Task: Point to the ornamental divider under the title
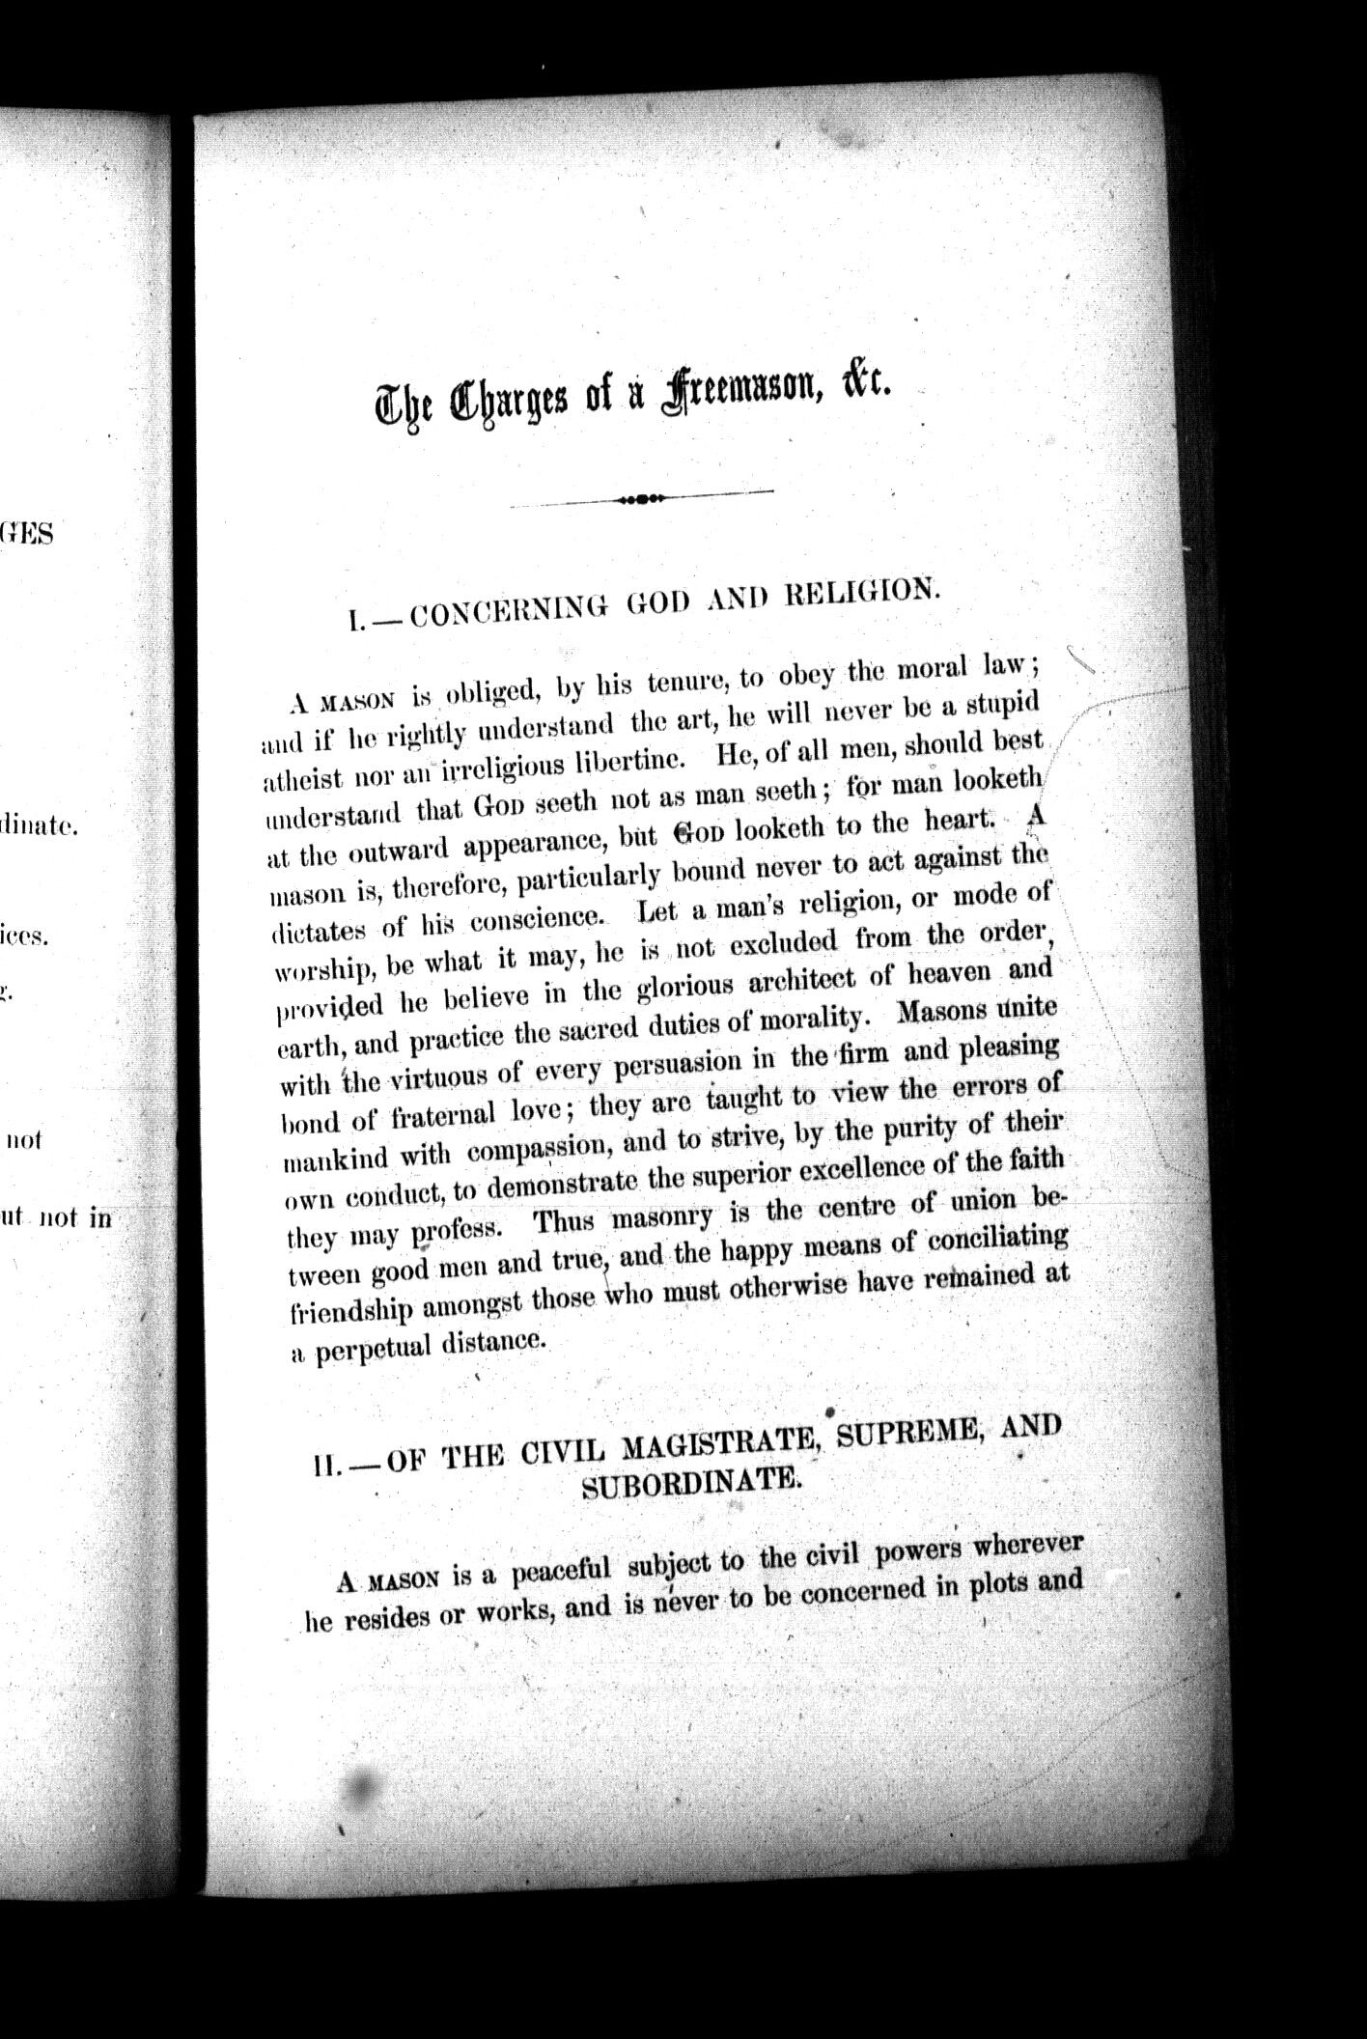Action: click(x=641, y=498)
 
